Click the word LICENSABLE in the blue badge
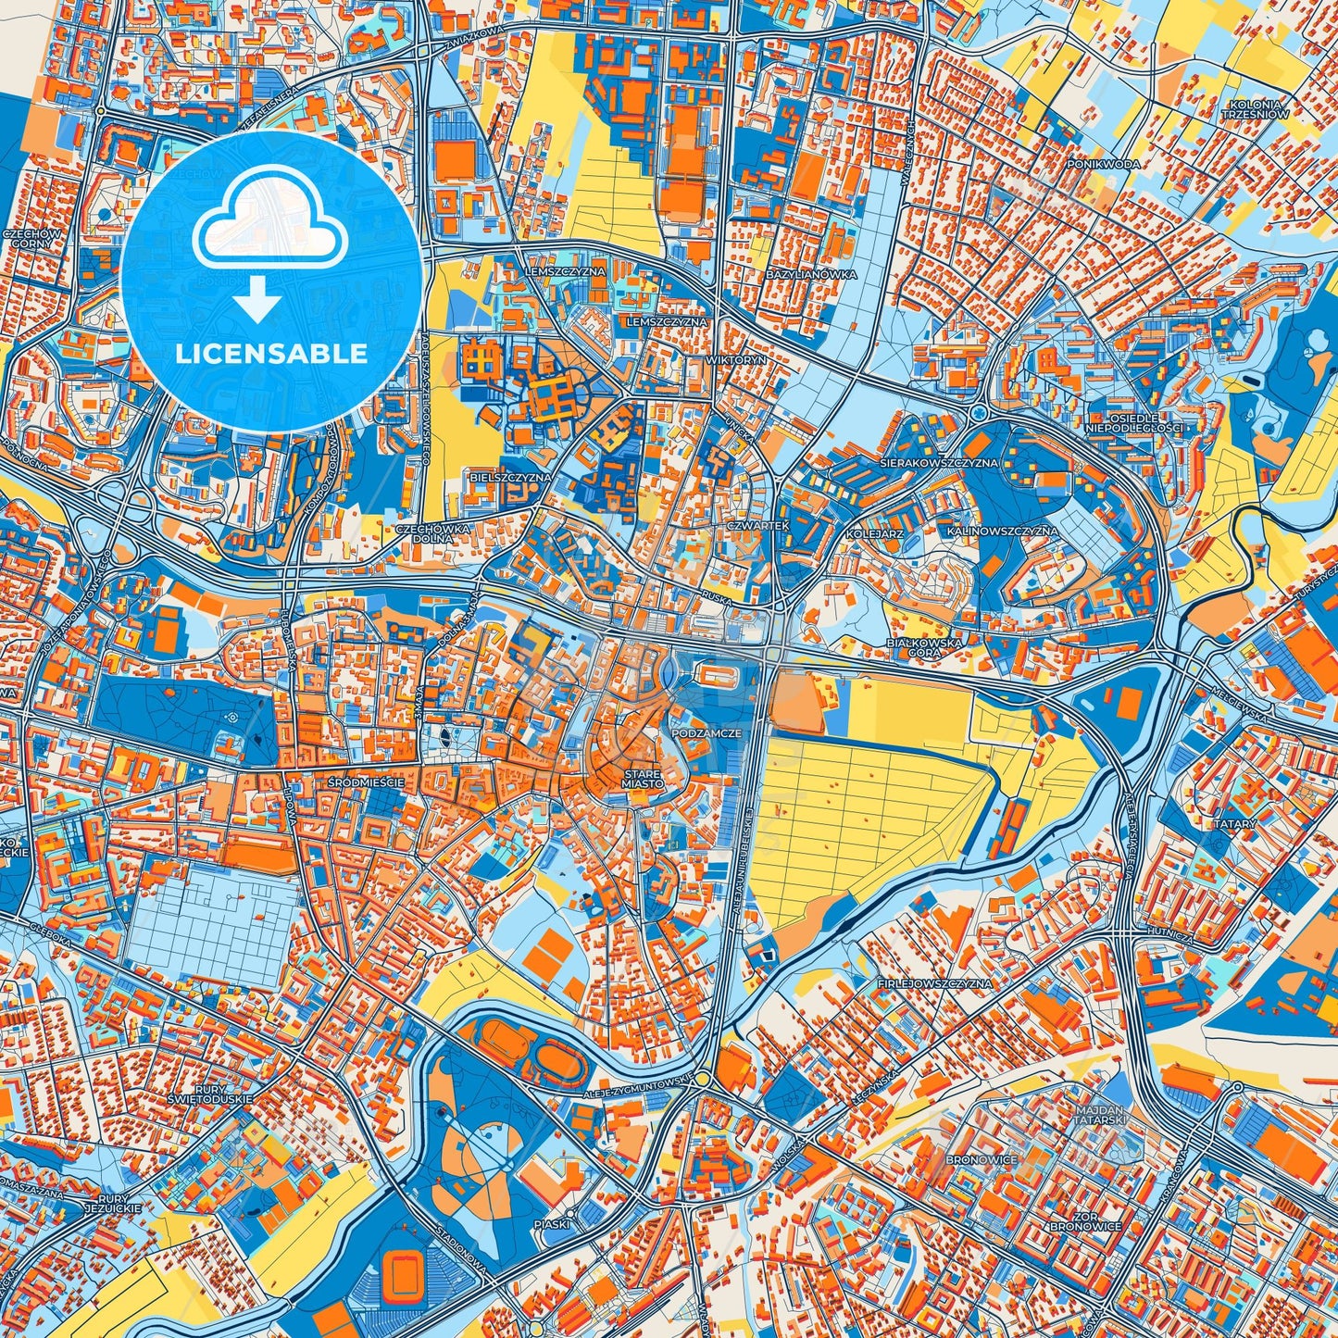pos(272,354)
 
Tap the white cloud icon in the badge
pos(269,220)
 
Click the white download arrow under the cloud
pos(258,301)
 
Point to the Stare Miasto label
pos(643,778)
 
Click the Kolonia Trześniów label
pos(1256,109)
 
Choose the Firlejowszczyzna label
pos(934,983)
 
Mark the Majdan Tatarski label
pos(1100,1114)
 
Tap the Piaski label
pos(553,1223)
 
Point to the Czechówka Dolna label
pos(433,533)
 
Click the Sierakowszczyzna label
pos(940,462)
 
